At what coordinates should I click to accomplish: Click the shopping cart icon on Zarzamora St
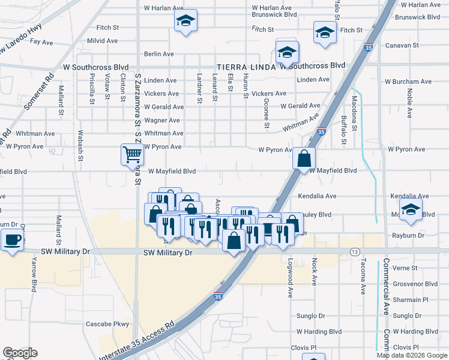pos(132,155)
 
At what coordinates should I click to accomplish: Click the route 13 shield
pos(355,251)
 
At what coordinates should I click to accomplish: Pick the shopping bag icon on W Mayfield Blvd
pos(304,160)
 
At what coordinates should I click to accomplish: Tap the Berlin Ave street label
pos(158,54)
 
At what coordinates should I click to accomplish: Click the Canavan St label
pos(402,46)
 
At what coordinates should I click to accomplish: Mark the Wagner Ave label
pos(163,120)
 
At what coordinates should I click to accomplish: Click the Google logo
pos(20,353)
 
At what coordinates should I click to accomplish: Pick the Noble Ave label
pos(409,103)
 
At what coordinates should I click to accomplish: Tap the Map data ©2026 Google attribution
pos(412,356)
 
